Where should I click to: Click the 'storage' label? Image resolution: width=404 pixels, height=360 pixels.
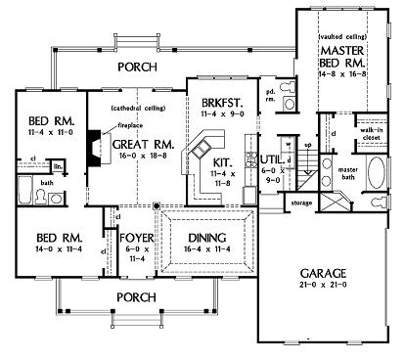[x=300, y=203]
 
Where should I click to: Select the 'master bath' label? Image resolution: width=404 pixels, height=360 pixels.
[x=348, y=172]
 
